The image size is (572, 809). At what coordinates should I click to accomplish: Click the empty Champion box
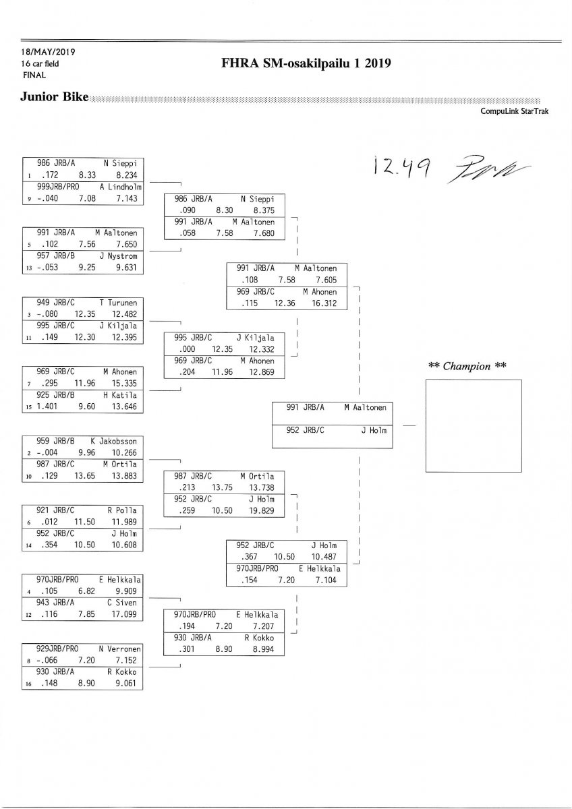pyautogui.click(x=474, y=425)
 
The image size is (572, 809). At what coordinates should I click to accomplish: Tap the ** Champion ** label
pyautogui.click(x=467, y=365)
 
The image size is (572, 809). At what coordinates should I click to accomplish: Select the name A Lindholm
pyautogui.click(x=121, y=186)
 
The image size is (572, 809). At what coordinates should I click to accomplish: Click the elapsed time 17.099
pyautogui.click(x=124, y=614)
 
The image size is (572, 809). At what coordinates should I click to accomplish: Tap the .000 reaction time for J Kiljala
pyautogui.click(x=189, y=349)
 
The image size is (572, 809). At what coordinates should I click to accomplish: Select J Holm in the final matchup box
pyautogui.click(x=374, y=429)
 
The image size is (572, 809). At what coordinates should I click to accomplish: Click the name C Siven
pyautogui.click(x=121, y=603)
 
